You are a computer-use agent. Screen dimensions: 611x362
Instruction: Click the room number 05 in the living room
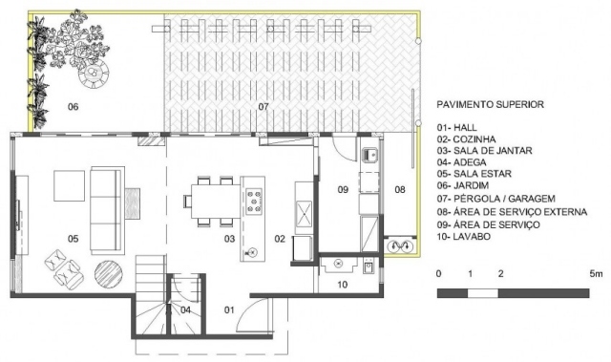point(73,239)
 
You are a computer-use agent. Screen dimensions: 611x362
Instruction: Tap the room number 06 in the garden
point(73,106)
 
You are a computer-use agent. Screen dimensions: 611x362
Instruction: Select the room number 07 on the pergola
point(263,106)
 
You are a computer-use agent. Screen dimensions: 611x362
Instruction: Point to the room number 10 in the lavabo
point(342,285)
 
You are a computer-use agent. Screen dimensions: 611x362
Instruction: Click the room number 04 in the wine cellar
point(185,310)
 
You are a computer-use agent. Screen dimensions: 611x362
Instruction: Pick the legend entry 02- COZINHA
point(466,139)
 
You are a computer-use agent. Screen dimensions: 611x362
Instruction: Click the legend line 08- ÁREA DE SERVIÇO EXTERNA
point(512,212)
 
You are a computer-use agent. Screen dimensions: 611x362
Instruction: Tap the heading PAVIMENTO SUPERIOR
point(490,104)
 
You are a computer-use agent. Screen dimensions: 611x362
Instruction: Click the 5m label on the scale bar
point(596,274)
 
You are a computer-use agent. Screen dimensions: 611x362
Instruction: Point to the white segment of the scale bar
point(483,293)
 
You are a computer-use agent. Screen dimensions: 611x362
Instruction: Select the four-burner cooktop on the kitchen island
point(254,202)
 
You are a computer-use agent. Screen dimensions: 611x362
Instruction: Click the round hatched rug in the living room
point(109,274)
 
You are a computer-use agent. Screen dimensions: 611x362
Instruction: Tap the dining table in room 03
point(216,202)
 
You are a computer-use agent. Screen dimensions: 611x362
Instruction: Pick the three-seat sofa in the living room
point(106,210)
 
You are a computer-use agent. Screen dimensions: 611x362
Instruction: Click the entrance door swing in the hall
point(253,315)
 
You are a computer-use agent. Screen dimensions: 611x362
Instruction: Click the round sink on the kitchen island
point(252,252)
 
